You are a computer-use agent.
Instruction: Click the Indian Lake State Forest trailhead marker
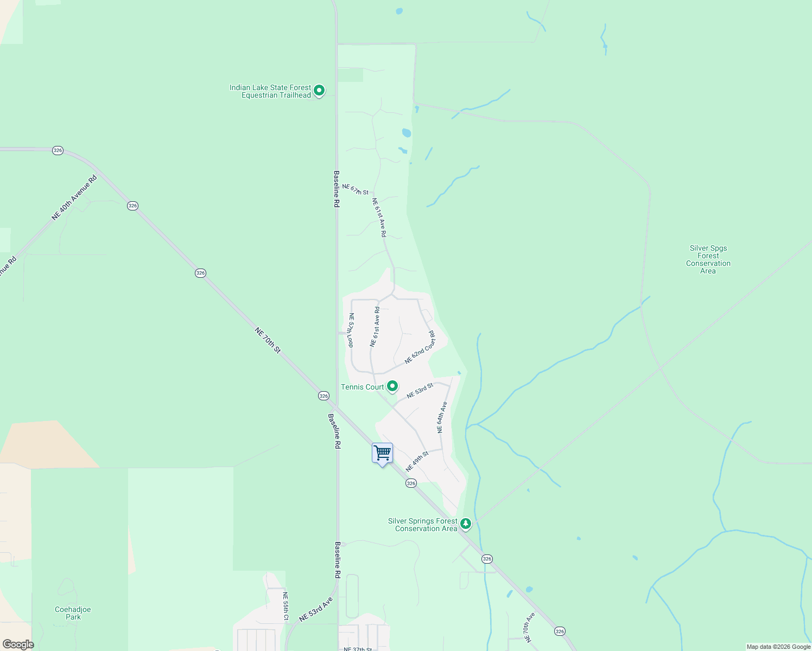319,91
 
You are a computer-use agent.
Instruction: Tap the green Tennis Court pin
392,387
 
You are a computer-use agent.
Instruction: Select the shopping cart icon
383,452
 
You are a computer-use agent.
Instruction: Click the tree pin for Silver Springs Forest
465,524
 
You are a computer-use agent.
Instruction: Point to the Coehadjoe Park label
73,613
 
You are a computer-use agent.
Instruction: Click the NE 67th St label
356,189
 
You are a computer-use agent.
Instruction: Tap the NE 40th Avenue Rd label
74,197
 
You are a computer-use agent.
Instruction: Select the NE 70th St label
268,340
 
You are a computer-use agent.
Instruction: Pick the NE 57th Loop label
351,330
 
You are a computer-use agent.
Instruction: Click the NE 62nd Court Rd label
420,347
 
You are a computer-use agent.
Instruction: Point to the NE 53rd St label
420,391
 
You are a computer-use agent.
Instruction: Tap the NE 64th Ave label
442,417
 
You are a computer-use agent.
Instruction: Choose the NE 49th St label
417,461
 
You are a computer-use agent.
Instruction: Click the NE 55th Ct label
286,606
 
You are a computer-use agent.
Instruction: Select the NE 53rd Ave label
315,610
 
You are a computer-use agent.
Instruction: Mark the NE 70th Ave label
530,627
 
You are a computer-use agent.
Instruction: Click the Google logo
18,644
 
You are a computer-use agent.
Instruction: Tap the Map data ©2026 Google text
778,647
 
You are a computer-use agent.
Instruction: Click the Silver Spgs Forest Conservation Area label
708,259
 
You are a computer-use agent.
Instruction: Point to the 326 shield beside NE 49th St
411,483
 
